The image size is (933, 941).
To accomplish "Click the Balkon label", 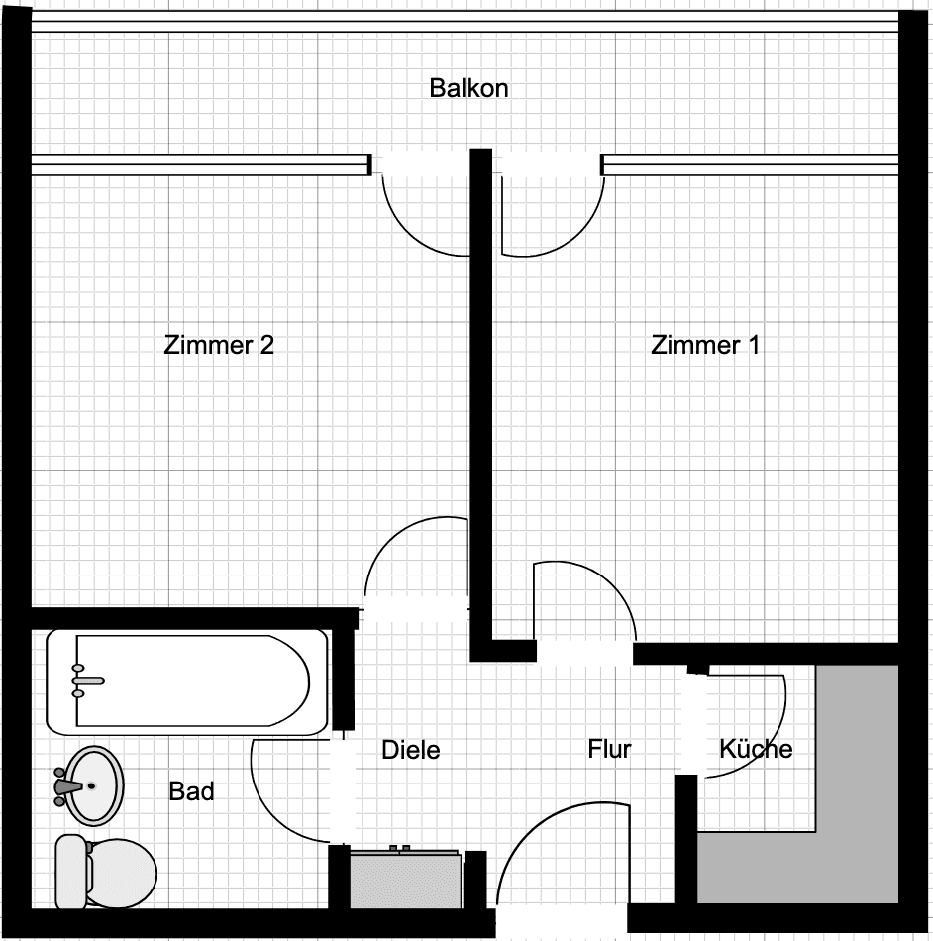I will (468, 88).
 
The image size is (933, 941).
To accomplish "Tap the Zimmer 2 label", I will (218, 345).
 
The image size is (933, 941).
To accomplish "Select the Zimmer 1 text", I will (705, 345).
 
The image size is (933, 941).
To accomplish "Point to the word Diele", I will (410, 750).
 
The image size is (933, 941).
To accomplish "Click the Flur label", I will (609, 749).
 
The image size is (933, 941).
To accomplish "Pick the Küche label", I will (756, 749).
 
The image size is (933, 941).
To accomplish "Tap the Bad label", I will (191, 791).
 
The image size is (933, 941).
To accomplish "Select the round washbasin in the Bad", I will (91, 784).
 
